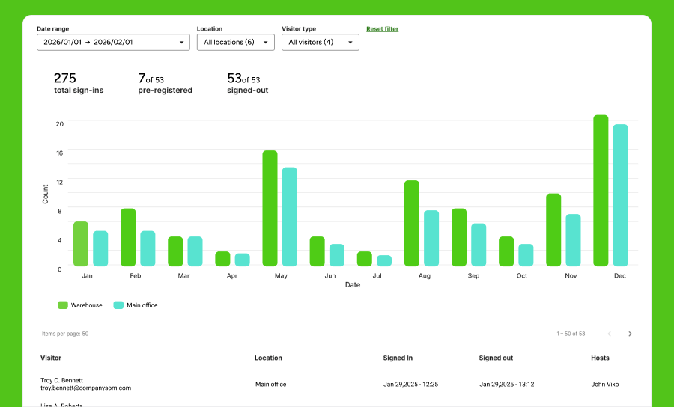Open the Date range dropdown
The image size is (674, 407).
pos(113,43)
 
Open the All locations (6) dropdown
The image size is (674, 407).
pos(235,43)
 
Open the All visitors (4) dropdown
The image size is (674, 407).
pos(320,43)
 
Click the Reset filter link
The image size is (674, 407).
pos(382,29)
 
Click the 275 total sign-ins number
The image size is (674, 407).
pos(65,78)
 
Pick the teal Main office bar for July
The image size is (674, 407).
pos(384,260)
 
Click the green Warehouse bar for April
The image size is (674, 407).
pos(222,259)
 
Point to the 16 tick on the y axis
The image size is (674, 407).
pos(60,153)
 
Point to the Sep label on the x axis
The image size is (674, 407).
pos(473,276)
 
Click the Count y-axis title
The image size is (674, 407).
pos(45,194)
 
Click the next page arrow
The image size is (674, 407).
pos(630,334)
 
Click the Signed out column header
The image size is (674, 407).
pos(496,358)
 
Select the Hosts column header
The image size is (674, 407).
pos(600,358)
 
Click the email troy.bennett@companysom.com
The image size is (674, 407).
pos(85,388)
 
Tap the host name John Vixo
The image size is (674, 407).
pos(605,385)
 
